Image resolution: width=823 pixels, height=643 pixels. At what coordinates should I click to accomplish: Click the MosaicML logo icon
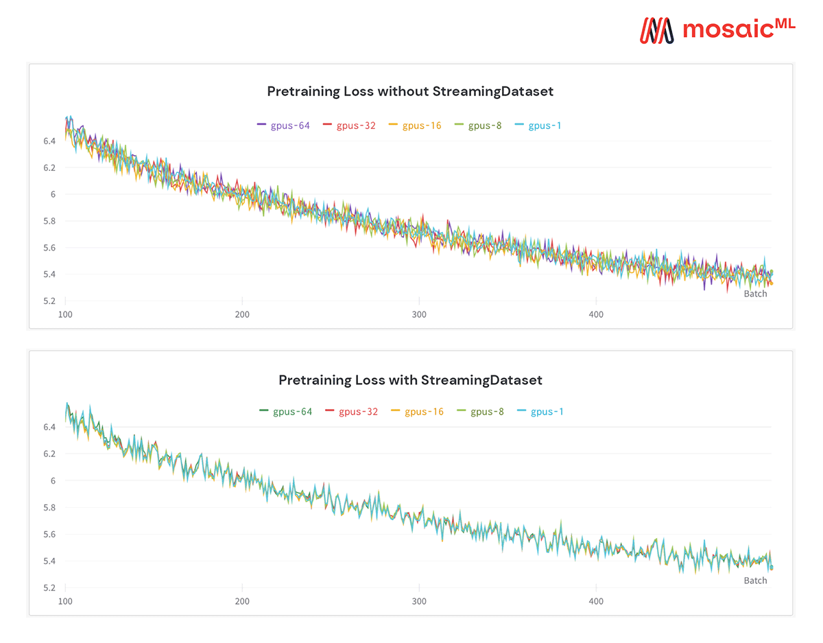pos(657,29)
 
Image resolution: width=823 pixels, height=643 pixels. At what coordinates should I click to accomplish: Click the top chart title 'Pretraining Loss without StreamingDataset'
pos(410,91)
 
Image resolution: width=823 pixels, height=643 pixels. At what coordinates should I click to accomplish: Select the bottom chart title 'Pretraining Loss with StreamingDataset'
pos(410,379)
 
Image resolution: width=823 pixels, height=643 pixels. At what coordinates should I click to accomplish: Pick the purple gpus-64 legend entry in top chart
pos(283,126)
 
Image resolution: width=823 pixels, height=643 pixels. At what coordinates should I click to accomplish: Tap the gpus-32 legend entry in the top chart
pos(349,126)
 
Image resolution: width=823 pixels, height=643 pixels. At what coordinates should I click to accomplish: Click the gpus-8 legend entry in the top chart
pos(478,126)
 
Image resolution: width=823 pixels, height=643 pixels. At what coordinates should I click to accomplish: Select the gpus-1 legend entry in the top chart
pos(538,126)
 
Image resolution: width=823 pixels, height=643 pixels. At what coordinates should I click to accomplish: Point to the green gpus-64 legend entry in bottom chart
pos(285,412)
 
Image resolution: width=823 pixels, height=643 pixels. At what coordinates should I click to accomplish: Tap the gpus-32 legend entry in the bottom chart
pos(351,412)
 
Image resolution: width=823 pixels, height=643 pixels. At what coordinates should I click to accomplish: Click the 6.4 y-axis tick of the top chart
pos(49,141)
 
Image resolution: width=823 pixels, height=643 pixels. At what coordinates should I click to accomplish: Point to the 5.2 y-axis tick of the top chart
pos(49,301)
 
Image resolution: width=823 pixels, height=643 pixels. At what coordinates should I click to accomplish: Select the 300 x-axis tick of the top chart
pos(419,314)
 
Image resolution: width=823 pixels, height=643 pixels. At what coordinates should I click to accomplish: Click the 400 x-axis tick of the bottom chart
pos(596,601)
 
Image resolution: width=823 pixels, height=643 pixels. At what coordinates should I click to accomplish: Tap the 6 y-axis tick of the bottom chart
pos(53,480)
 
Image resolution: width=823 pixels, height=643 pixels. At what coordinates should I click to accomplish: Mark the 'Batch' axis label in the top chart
pos(755,294)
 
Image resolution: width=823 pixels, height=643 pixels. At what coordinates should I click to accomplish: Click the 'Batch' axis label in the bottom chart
pos(755,581)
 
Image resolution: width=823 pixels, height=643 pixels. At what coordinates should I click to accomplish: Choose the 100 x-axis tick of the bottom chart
pos(65,601)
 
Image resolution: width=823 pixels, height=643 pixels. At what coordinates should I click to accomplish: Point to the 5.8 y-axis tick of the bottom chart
pos(49,508)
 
